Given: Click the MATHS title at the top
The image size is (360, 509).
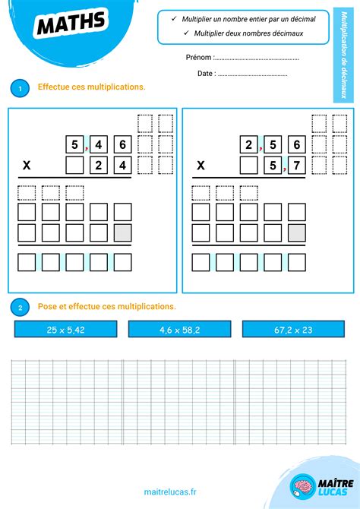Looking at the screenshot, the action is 71,24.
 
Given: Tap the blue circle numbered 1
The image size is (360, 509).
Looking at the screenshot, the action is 20,89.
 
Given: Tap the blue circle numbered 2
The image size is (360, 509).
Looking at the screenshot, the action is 20,308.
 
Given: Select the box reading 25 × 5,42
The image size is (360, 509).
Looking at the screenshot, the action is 65,329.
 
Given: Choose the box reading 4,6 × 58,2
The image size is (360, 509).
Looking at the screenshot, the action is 179,329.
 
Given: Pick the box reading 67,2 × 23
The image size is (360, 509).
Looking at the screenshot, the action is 293,329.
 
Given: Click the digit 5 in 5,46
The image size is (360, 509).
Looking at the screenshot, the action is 75,144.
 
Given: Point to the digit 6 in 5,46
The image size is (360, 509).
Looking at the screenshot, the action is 122,144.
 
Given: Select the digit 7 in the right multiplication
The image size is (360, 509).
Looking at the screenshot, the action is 297,165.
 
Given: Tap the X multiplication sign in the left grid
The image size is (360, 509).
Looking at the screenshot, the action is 27,165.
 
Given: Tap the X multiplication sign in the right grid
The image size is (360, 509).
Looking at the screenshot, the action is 201,165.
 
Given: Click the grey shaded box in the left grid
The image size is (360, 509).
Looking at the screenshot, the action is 122,232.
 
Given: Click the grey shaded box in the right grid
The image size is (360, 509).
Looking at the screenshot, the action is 297,232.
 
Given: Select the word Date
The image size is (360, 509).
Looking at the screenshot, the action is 205,74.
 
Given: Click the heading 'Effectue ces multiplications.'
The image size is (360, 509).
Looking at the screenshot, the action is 92,87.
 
